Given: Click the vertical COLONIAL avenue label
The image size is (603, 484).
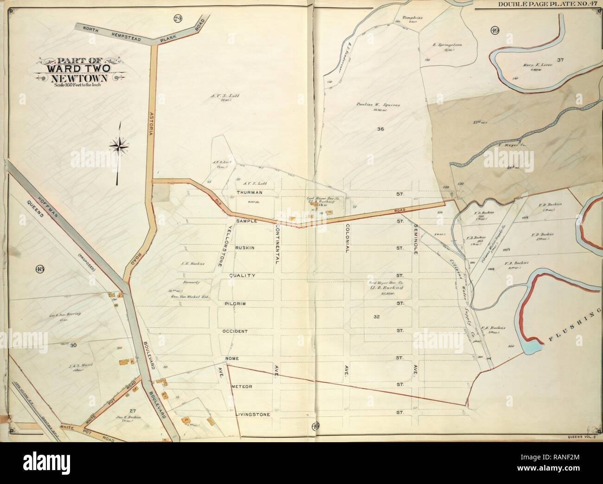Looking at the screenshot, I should (346, 238).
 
